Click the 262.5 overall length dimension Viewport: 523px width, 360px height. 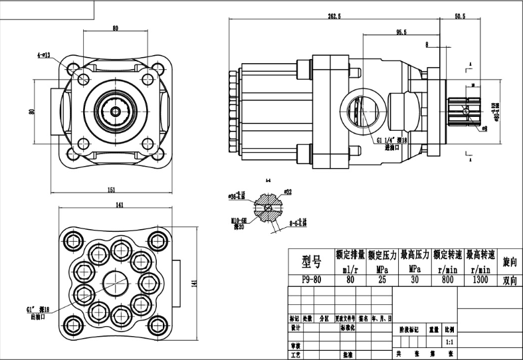(x=334, y=16)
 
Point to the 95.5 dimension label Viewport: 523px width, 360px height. (x=400, y=32)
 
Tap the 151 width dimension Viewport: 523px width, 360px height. (x=112, y=190)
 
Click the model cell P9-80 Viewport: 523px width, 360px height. (x=311, y=280)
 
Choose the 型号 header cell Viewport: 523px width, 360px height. (x=311, y=259)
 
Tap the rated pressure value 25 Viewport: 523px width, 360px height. (x=381, y=280)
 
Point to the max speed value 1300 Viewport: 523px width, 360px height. (x=480, y=280)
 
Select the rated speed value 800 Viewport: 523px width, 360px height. (x=447, y=280)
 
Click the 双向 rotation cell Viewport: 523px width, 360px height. (x=510, y=280)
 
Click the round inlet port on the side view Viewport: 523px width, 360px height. (x=362, y=110)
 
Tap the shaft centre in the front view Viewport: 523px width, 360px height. (x=118, y=110)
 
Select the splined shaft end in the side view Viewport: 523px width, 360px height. (x=469, y=110)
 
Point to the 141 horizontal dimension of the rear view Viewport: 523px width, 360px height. (x=120, y=205)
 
